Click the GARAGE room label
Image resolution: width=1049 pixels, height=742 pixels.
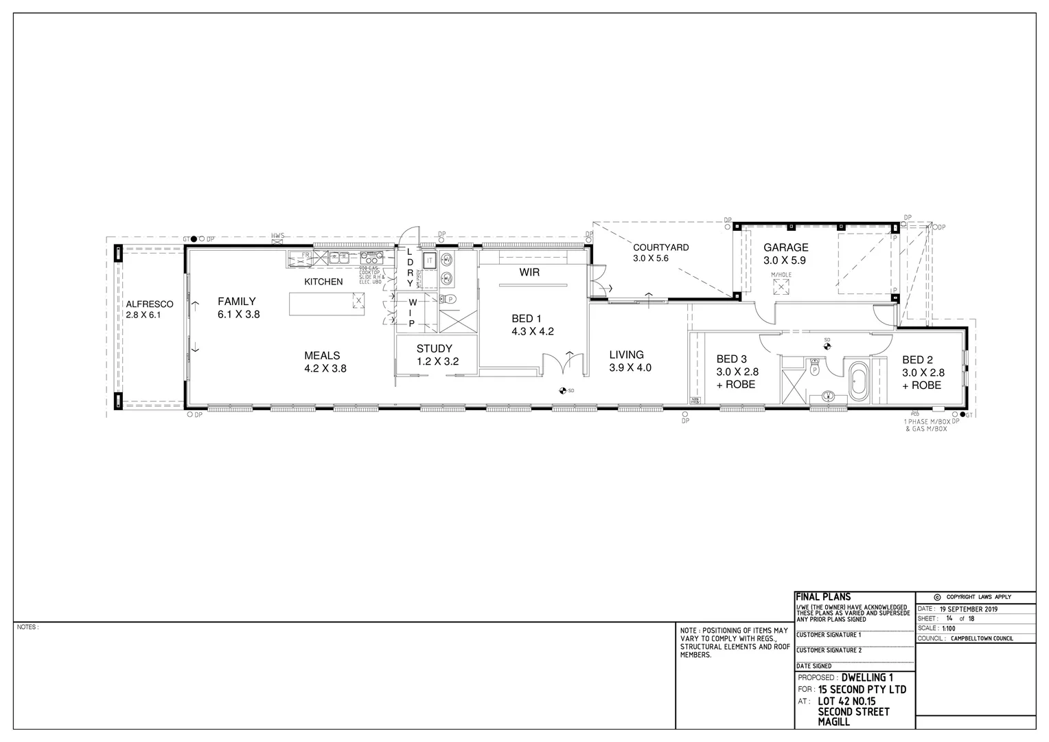tap(785, 247)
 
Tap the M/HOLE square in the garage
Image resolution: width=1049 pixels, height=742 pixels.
tap(781, 287)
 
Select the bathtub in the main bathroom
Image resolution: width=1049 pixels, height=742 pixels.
tap(859, 383)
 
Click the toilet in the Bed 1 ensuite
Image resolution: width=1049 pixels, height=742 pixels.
tap(450, 299)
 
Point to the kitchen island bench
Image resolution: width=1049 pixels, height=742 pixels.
tap(327, 304)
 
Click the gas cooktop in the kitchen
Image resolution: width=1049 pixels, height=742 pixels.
tap(371, 259)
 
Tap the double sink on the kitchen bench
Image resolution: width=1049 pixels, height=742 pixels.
tap(337, 259)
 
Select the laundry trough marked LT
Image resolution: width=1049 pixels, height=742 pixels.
tap(429, 260)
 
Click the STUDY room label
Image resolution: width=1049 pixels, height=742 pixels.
tap(435, 348)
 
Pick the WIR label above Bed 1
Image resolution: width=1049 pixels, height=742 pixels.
tap(529, 272)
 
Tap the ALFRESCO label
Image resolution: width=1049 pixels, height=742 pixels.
tap(149, 304)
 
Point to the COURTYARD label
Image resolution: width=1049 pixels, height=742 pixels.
tap(660, 247)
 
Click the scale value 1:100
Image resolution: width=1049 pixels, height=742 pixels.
tap(949, 628)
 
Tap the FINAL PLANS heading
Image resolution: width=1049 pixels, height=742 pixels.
tap(822, 597)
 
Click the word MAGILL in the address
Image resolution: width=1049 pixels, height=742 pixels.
tap(833, 722)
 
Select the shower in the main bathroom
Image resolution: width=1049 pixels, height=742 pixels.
tap(795, 387)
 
